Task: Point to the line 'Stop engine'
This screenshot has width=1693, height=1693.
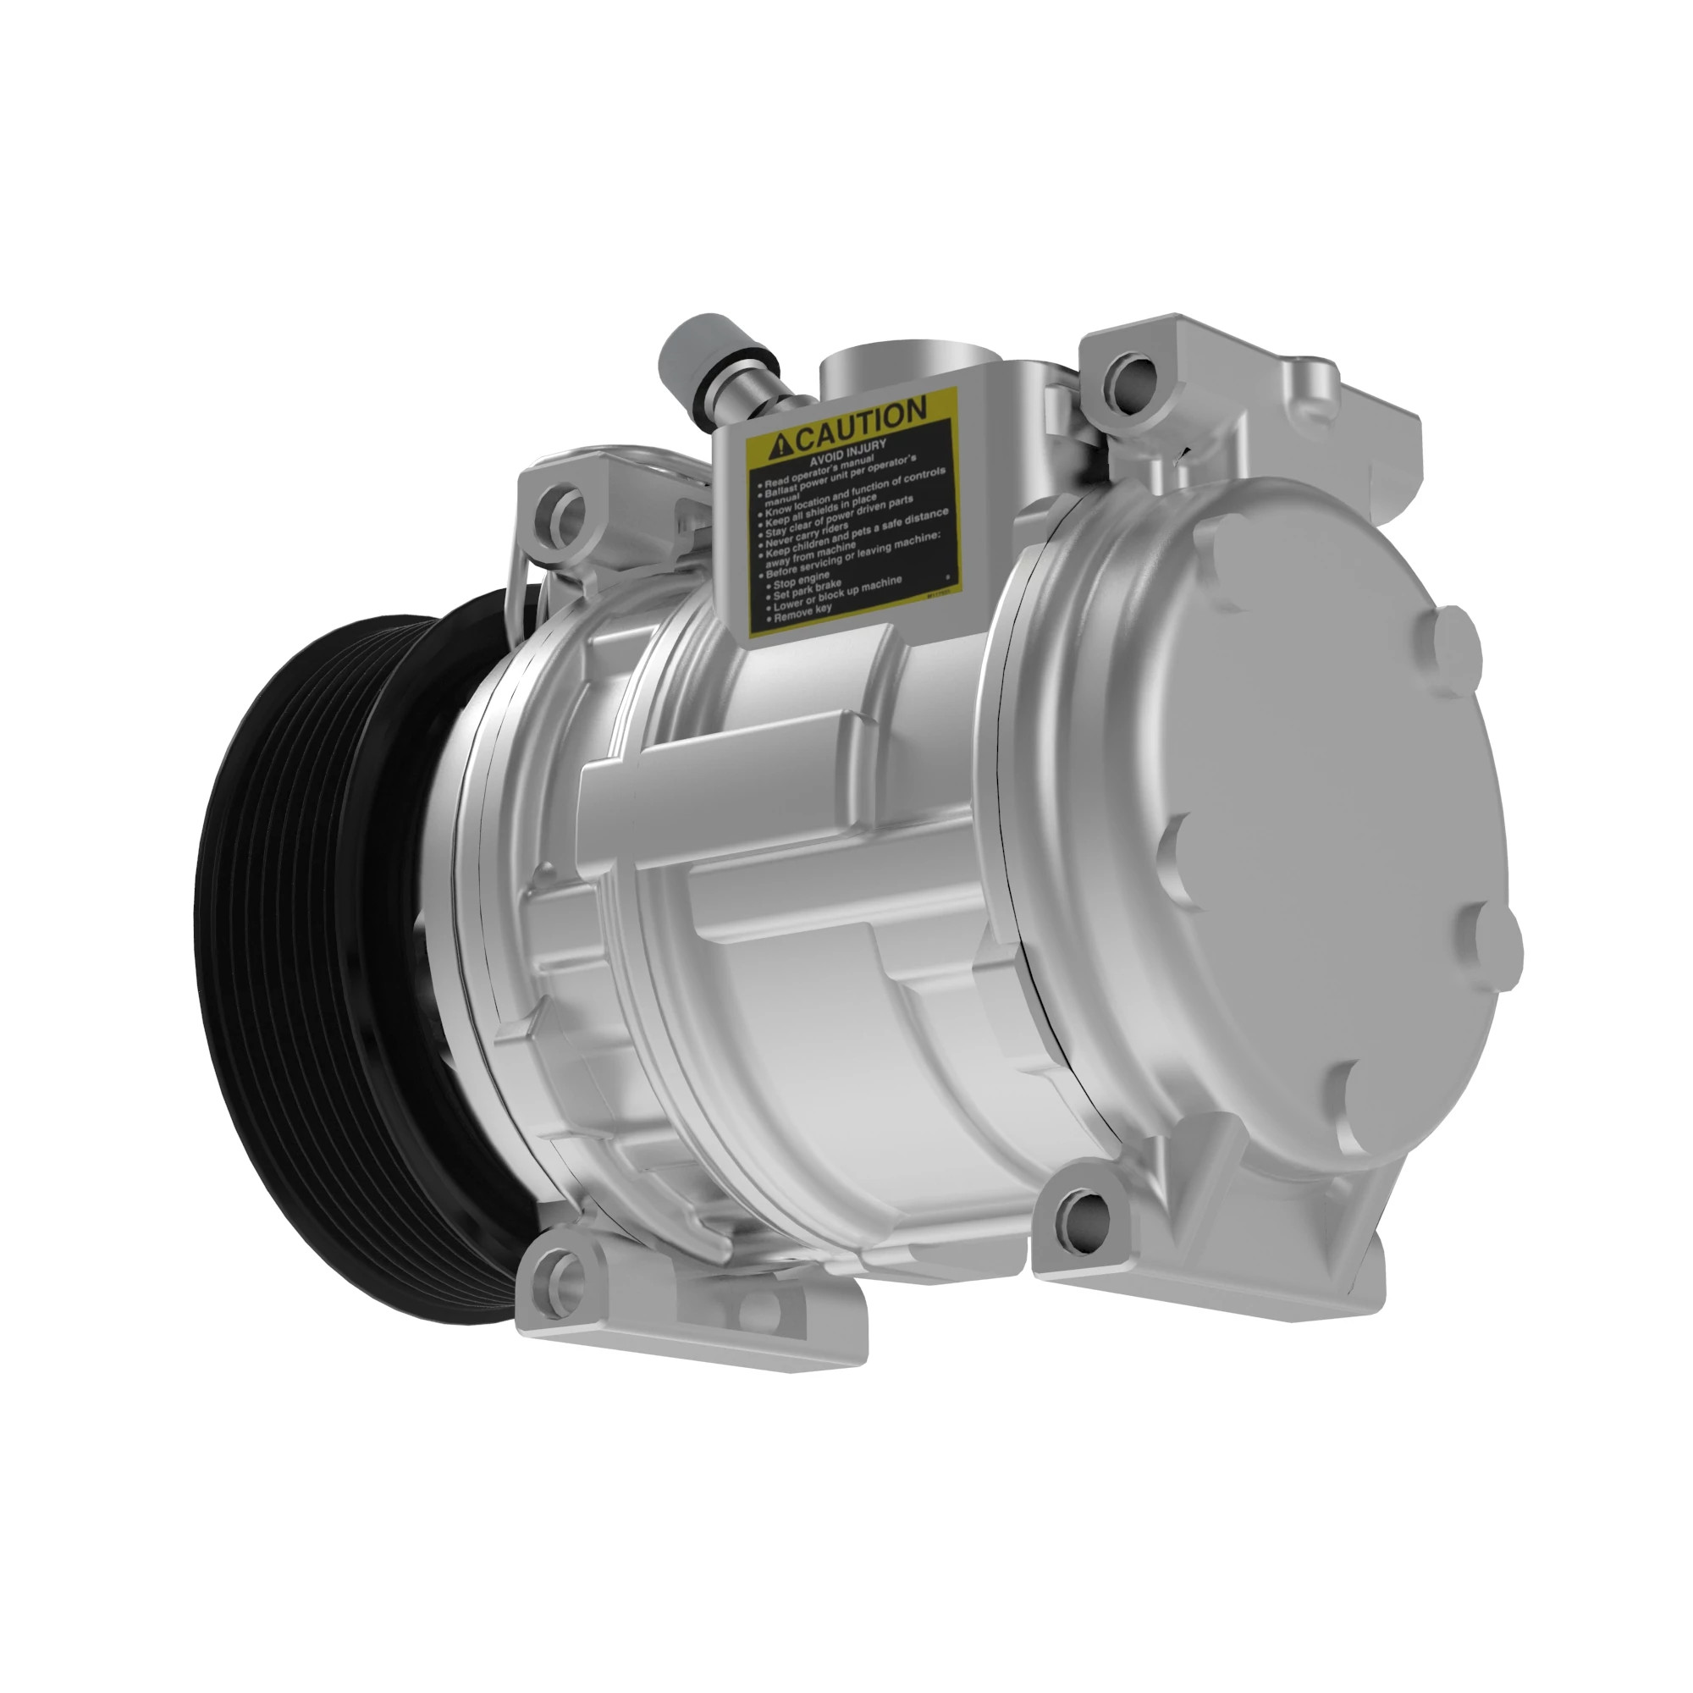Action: [801, 580]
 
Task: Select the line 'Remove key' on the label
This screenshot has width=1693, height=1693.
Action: [802, 616]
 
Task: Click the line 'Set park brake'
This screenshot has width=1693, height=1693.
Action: [807, 592]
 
